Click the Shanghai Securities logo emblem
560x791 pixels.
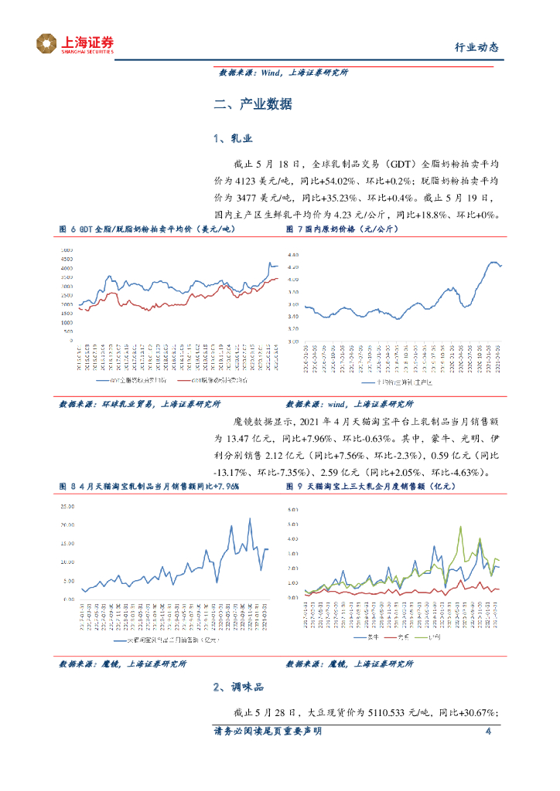(x=46, y=44)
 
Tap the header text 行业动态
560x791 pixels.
(x=475, y=47)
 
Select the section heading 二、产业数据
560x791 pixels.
(x=253, y=104)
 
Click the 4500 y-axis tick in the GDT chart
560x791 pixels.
(x=67, y=260)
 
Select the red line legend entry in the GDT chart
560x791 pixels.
(x=210, y=381)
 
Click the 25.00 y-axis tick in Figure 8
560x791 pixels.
(x=66, y=507)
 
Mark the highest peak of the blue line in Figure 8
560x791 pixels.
(x=250, y=519)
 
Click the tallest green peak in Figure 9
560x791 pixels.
(x=461, y=527)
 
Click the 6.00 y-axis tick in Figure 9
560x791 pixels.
(x=292, y=511)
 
